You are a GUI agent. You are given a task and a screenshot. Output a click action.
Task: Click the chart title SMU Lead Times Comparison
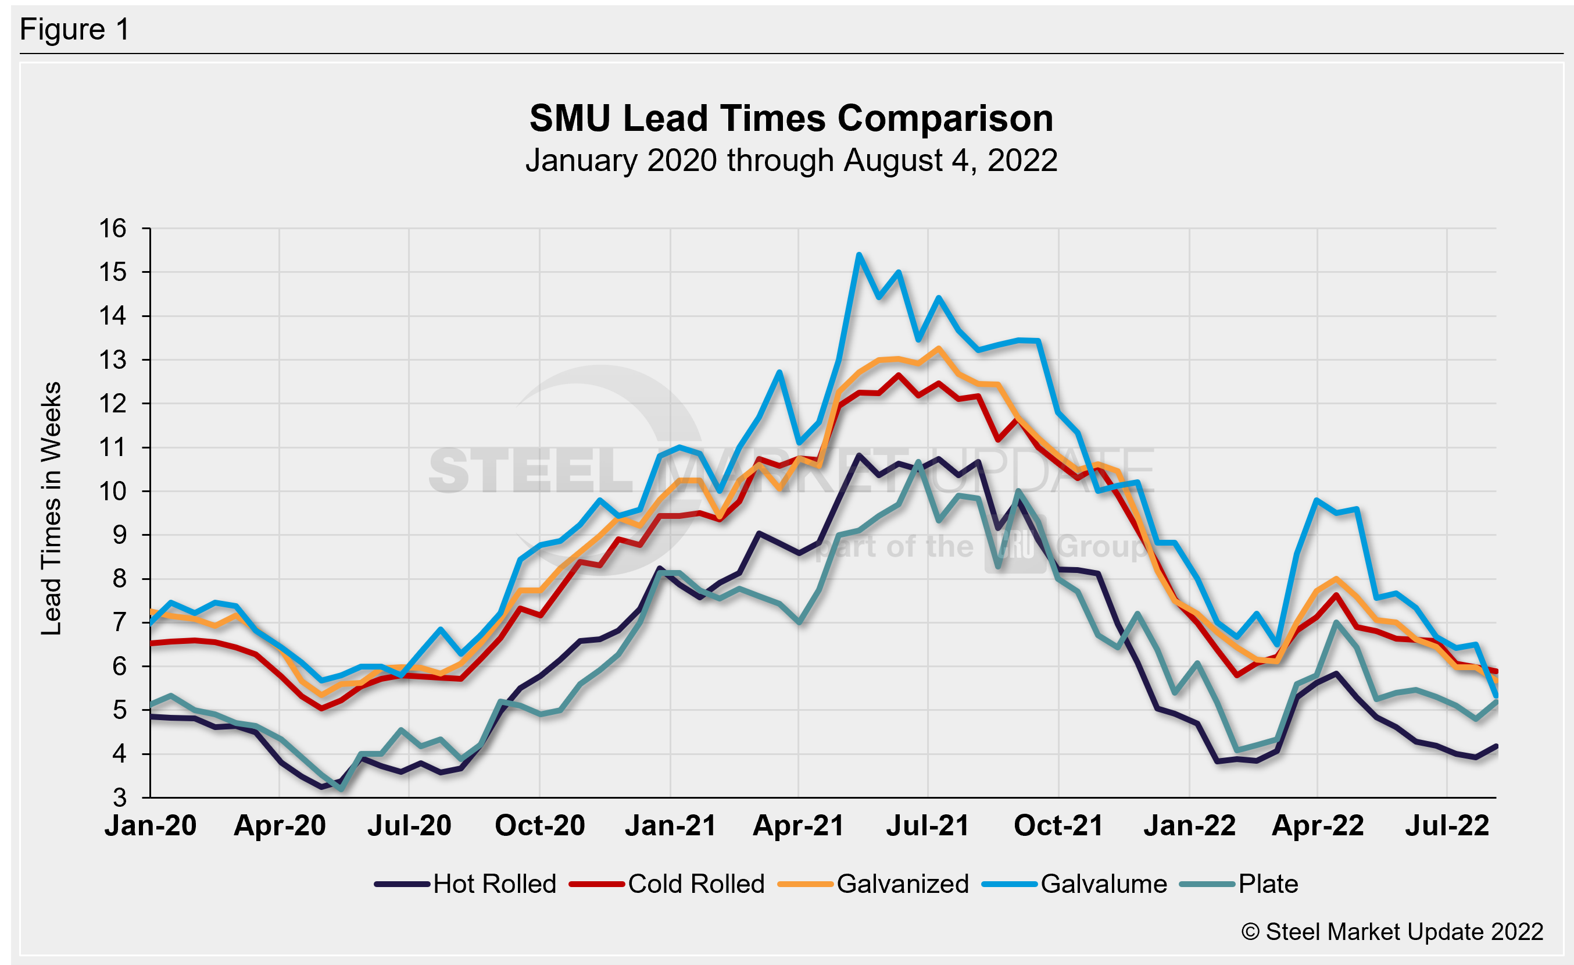click(x=791, y=119)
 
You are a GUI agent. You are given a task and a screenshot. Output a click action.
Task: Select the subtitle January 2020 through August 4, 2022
click(x=791, y=161)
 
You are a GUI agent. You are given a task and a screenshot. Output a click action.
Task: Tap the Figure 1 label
click(x=75, y=30)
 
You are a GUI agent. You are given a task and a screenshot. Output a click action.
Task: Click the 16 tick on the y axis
click(x=112, y=229)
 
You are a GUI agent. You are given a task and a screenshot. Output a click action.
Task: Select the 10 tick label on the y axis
click(x=112, y=492)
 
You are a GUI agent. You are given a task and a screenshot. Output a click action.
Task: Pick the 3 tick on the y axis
click(x=120, y=797)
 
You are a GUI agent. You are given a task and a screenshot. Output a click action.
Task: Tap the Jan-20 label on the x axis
click(x=151, y=825)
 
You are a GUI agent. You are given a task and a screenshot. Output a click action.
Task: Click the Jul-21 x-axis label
click(x=928, y=825)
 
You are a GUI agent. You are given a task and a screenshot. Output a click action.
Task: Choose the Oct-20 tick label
click(x=540, y=825)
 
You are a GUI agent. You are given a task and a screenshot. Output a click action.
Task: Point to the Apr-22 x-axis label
click(x=1318, y=825)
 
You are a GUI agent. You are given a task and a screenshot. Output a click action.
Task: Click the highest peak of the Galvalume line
click(x=859, y=255)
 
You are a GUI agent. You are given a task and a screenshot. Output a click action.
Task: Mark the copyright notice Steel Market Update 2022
click(x=1392, y=932)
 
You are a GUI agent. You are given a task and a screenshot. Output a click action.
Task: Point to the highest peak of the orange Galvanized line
click(x=938, y=348)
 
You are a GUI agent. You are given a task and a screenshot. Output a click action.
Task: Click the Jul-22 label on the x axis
click(x=1447, y=825)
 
